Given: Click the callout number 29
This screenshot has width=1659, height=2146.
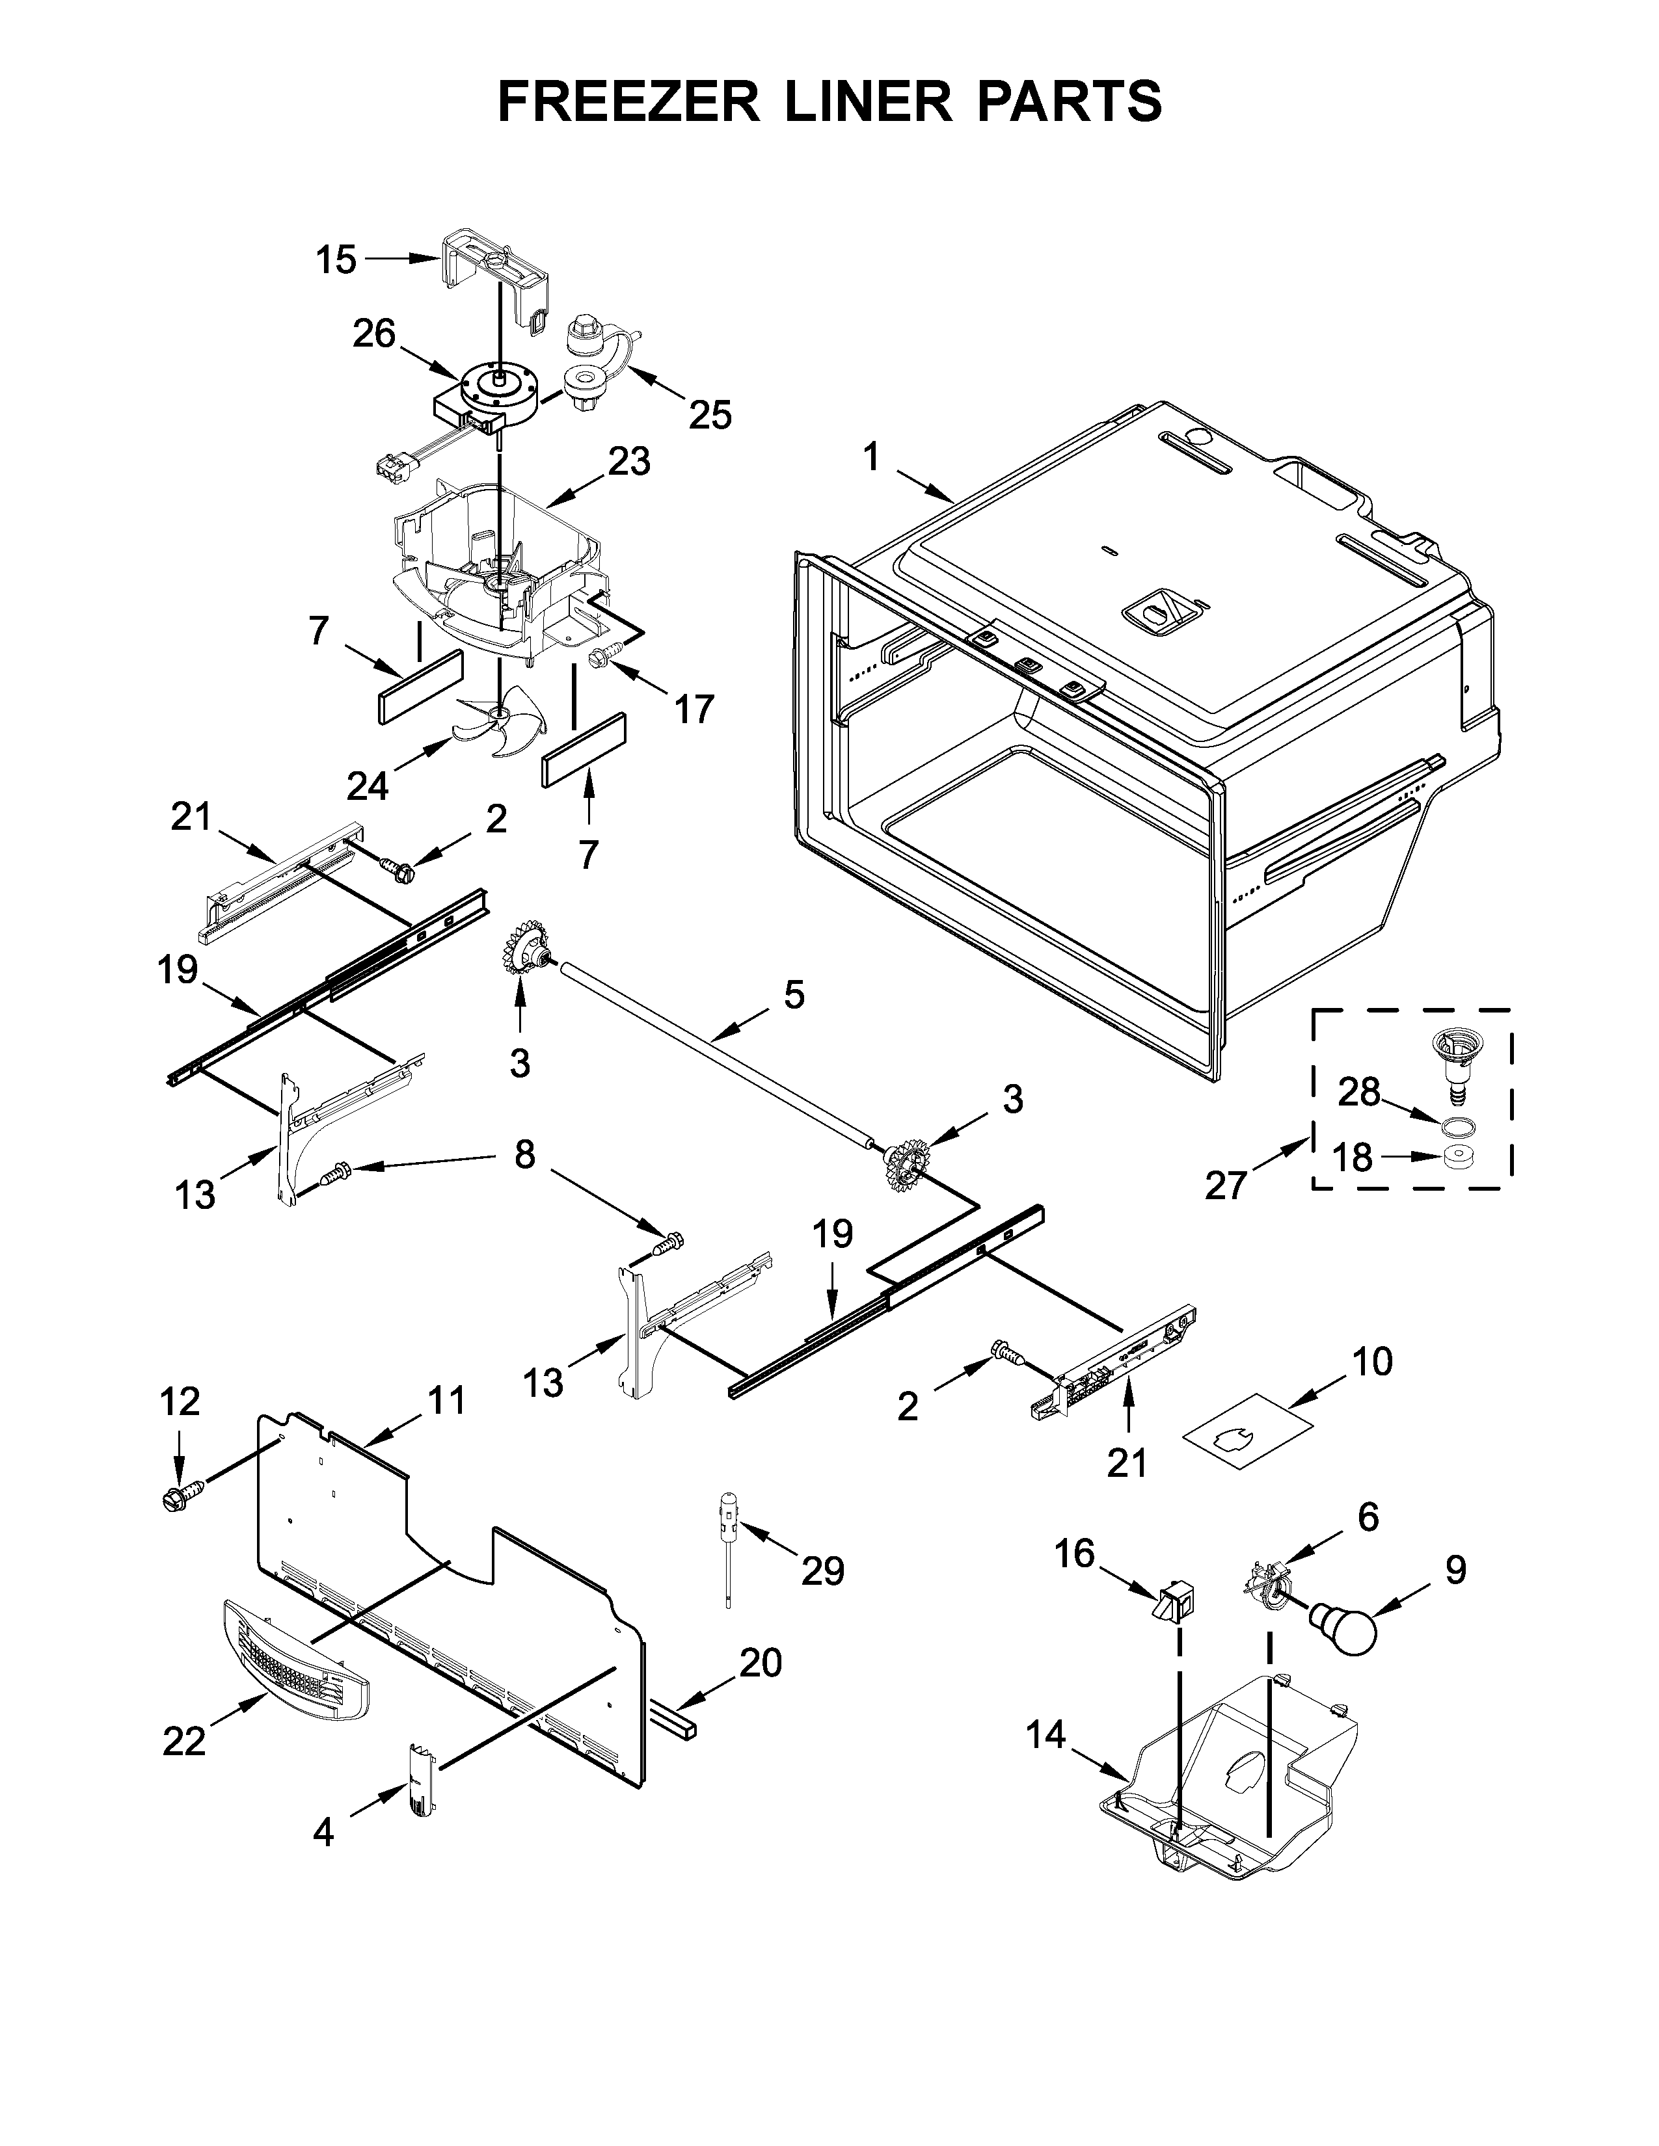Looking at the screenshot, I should [822, 1571].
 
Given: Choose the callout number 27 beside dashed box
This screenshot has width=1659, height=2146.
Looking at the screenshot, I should [1226, 1186].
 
